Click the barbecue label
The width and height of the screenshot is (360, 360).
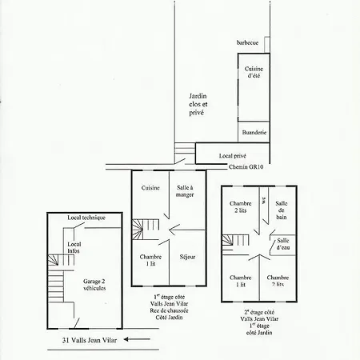[x=247, y=42]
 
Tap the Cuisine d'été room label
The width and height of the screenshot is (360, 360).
[x=254, y=72]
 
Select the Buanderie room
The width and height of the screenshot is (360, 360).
[x=254, y=132]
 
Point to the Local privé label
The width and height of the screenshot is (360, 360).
[x=233, y=156]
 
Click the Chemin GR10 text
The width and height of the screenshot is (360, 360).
[x=246, y=167]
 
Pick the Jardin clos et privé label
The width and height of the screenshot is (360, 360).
[x=198, y=104]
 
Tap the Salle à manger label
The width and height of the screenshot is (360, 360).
[x=185, y=191]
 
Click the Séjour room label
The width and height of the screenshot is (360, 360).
[x=187, y=257]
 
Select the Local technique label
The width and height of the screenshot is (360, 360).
[x=86, y=218]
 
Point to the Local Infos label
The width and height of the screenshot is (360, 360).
[x=74, y=247]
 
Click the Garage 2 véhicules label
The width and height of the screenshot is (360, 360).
[x=94, y=285]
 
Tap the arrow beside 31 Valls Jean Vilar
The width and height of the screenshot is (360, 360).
[x=137, y=339]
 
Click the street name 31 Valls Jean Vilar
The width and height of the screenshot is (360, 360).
[x=90, y=340]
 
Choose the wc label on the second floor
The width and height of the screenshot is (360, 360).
[x=264, y=200]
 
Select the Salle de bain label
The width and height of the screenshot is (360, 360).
[x=282, y=210]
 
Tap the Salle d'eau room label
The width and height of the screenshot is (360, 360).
[x=283, y=244]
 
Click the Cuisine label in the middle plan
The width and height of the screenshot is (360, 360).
[x=150, y=188]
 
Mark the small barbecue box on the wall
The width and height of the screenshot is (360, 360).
[x=267, y=45]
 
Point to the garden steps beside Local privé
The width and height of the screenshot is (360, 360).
[x=185, y=148]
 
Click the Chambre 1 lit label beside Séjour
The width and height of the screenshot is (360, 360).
[x=150, y=260]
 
